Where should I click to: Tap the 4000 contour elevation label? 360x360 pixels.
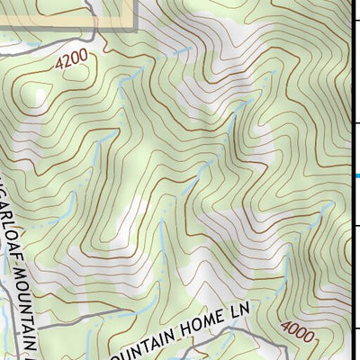[x=298, y=332]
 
